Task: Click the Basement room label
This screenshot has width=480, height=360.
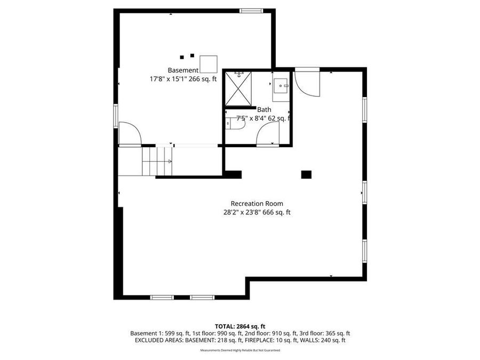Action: coord(183,70)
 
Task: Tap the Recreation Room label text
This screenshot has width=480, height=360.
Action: coord(257,203)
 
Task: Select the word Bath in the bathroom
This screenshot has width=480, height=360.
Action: coord(264,110)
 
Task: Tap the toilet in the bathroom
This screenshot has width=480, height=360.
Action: coord(235,125)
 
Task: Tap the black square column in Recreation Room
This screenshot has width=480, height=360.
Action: coord(306,174)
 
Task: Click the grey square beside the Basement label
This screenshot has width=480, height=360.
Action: coord(208,64)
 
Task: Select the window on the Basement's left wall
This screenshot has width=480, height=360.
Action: coord(116,116)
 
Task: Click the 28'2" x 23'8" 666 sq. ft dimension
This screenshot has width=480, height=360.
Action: coord(257,212)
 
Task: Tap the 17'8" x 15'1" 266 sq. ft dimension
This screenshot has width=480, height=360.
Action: coord(183,79)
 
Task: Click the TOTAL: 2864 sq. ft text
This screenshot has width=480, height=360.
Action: coord(240,326)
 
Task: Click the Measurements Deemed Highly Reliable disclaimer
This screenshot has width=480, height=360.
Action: coord(240,350)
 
